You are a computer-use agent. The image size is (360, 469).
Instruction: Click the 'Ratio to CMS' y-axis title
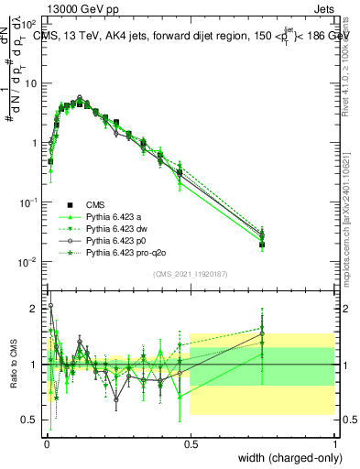tap(13, 365)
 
